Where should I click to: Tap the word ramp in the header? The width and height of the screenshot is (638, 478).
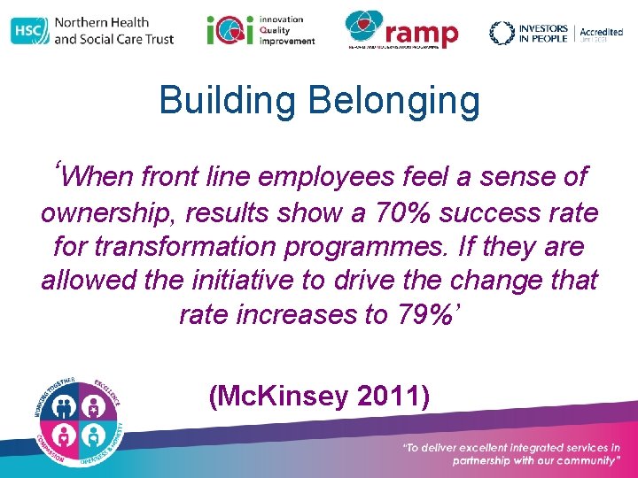pyautogui.click(x=423, y=35)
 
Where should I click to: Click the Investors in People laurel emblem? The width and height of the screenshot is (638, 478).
pyautogui.click(x=502, y=32)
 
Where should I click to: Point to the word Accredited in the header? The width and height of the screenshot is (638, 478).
pyautogui.click(x=601, y=32)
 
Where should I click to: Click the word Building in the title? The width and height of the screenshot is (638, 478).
pyautogui.click(x=225, y=101)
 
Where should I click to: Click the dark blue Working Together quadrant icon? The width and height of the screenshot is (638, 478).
pyautogui.click(x=63, y=405)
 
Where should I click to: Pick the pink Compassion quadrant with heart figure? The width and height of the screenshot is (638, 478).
pyautogui.click(x=63, y=435)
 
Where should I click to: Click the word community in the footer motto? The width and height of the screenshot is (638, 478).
pyautogui.click(x=581, y=460)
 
